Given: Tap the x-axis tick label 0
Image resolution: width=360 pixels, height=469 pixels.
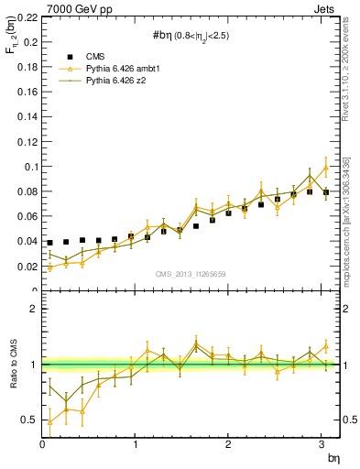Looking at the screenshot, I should [42, 446].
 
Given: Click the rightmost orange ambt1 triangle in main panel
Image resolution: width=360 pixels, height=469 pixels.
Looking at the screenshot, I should [326, 168].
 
